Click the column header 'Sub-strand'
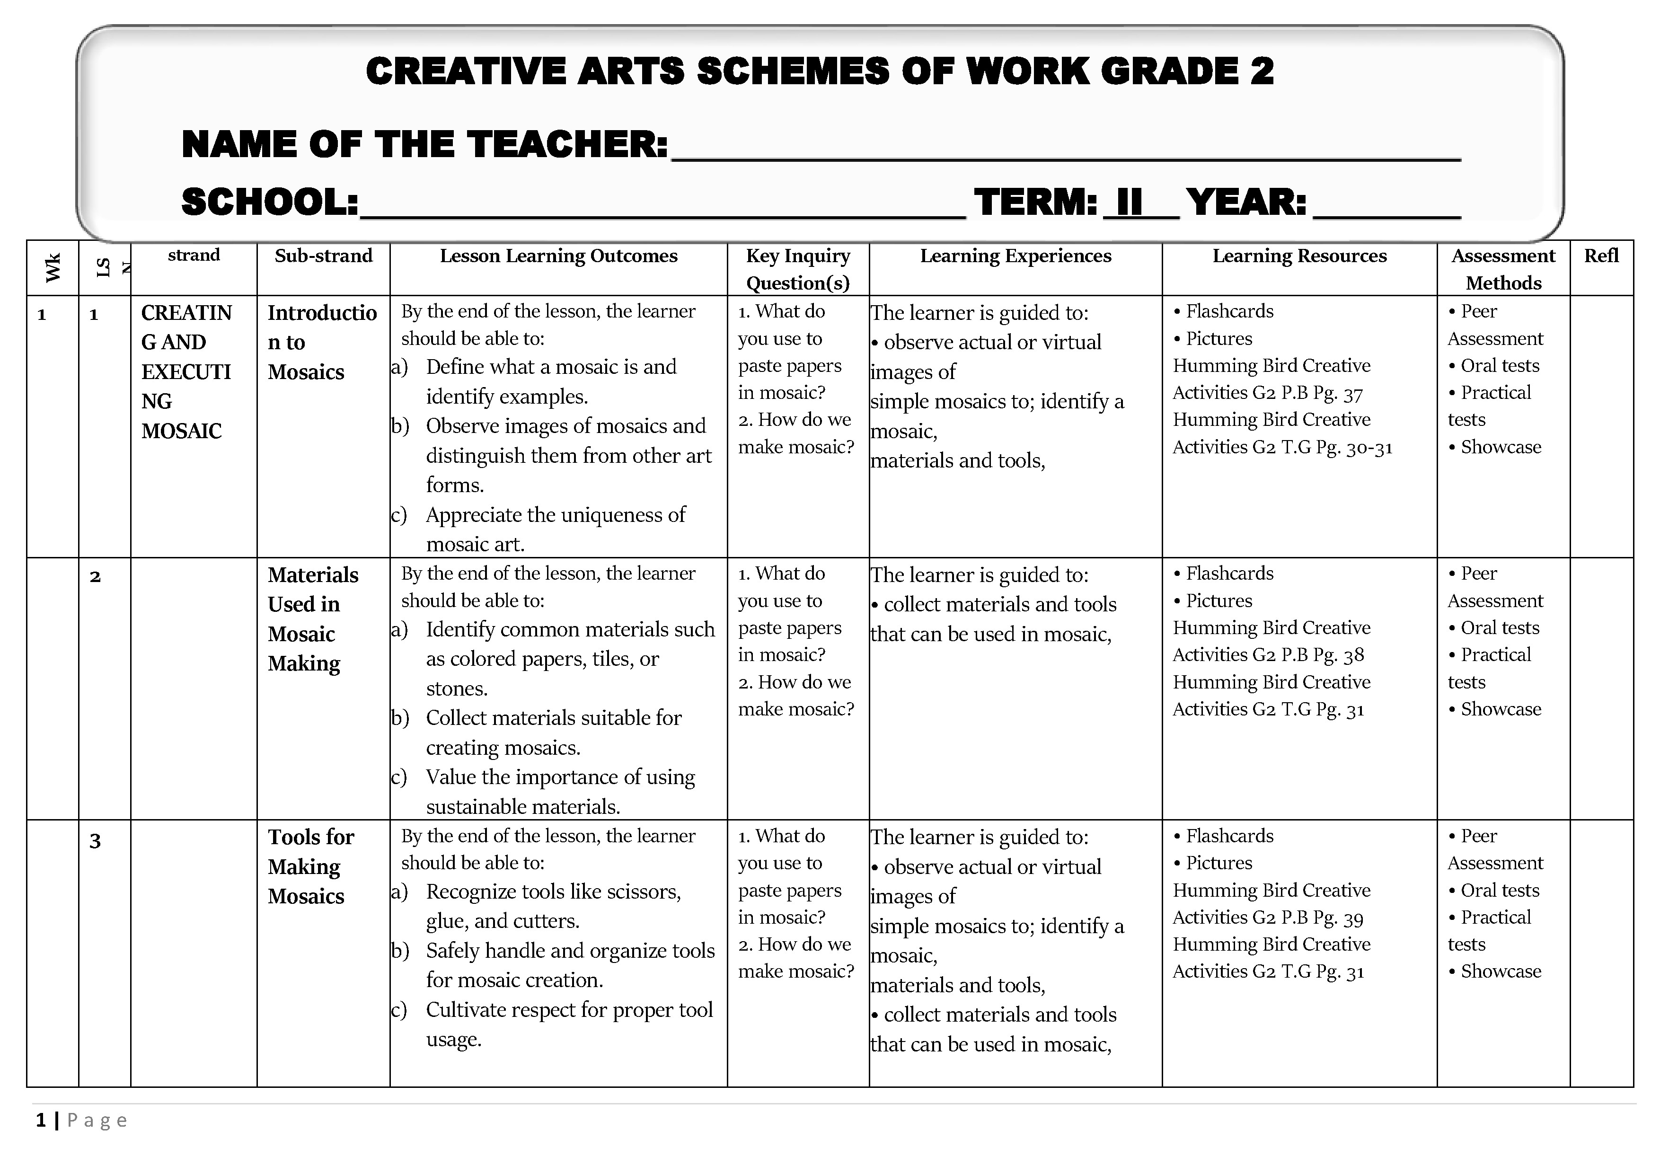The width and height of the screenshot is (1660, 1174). pyautogui.click(x=323, y=256)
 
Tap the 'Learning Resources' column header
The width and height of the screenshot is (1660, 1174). pyautogui.click(x=1299, y=256)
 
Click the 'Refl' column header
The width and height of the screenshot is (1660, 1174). pyautogui.click(x=1601, y=256)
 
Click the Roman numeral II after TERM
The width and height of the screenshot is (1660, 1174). pyautogui.click(x=1130, y=203)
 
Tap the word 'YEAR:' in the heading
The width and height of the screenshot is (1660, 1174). pyautogui.click(x=1246, y=203)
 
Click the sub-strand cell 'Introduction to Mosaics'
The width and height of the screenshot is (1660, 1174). pyautogui.click(x=322, y=342)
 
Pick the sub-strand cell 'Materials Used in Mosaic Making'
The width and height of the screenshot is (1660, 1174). pyautogui.click(x=313, y=619)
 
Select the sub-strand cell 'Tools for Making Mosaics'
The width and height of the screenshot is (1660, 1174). pyautogui.click(x=311, y=866)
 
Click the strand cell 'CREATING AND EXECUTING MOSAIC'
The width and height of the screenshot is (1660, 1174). pyautogui.click(x=186, y=371)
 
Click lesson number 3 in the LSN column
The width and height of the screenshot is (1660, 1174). pyautogui.click(x=95, y=841)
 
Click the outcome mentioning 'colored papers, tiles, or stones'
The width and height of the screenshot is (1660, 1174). pyautogui.click(x=570, y=659)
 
